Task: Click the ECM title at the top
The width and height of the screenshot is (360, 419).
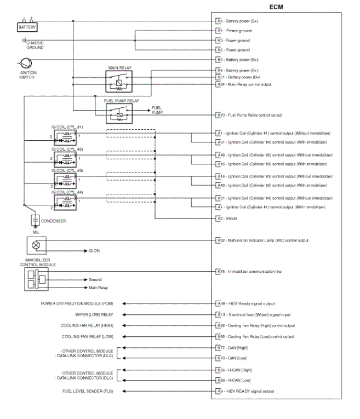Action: click(277, 6)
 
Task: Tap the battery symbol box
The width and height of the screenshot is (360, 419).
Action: click(27, 26)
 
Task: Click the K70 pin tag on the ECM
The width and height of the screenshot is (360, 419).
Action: click(220, 115)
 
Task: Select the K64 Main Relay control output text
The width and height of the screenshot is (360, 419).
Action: click(249, 84)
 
